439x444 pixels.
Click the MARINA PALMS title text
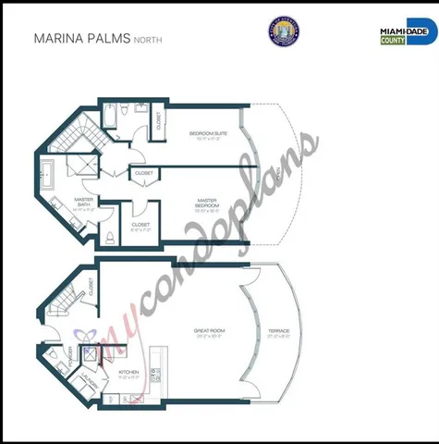pos(81,39)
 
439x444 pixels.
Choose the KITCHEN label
pos(130,375)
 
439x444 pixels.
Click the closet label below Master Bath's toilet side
pos(140,225)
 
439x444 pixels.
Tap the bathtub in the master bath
pos(48,172)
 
